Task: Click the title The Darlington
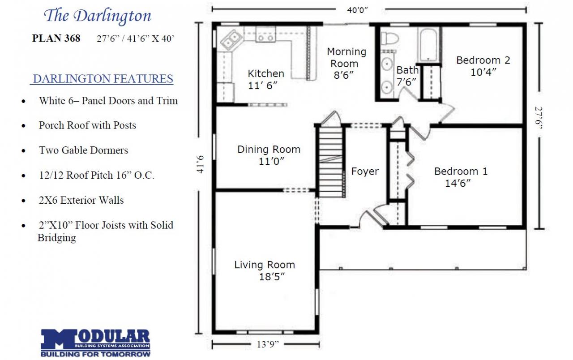point(97,16)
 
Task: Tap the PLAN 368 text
point(56,39)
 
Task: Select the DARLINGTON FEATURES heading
point(103,79)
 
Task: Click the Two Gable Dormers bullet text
point(83,150)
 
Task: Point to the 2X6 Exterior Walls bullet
point(81,200)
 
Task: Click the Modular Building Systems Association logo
point(95,343)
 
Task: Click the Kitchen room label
point(266,73)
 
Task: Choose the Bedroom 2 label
point(483,60)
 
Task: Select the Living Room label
point(265,265)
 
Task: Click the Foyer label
point(365,171)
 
